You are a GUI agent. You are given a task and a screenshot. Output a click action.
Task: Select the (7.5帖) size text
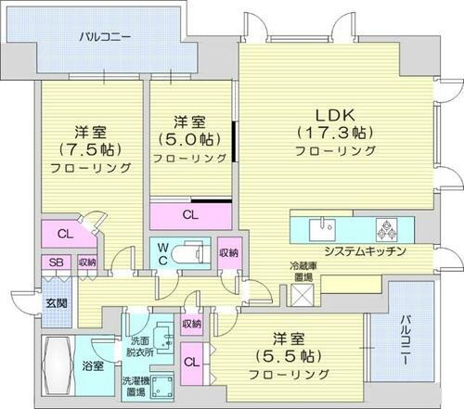[91, 149]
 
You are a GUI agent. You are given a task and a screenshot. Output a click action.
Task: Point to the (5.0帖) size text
[189, 141]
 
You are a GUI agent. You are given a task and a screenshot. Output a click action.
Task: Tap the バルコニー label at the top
[104, 38]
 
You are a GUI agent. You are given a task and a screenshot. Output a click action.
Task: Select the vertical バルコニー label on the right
[408, 343]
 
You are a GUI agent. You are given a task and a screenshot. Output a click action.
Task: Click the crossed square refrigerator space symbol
[303, 295]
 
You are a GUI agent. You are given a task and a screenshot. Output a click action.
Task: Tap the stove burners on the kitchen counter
[387, 229]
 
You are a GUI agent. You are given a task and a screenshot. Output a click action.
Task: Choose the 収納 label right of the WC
[229, 227]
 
